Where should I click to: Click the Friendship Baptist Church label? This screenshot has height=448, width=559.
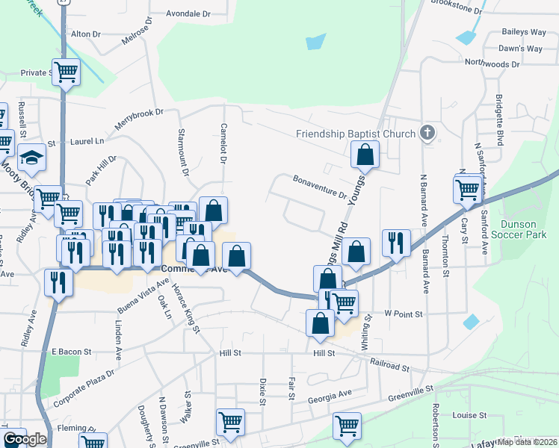[x=355, y=134]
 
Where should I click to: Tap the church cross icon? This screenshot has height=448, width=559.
[x=427, y=134]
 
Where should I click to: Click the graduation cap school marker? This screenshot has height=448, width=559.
[x=31, y=158]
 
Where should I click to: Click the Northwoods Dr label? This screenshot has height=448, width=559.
[x=492, y=65]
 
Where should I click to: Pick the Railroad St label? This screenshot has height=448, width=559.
[x=390, y=366]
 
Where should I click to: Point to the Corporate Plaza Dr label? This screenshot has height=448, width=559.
[x=83, y=388]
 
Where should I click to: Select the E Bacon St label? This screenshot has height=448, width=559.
[x=71, y=351]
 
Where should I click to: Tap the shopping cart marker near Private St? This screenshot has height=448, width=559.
[x=67, y=72]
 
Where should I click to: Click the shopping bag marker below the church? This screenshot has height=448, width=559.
[x=365, y=155]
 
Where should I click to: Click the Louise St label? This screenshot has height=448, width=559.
[x=469, y=415]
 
